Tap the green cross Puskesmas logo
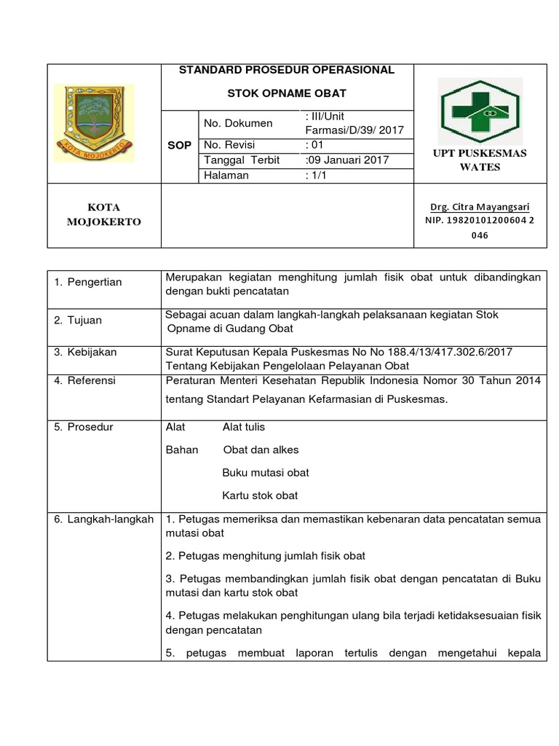click(478, 111)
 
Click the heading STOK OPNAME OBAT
click(287, 93)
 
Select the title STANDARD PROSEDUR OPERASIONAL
click(287, 70)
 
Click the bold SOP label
click(179, 145)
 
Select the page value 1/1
click(317, 176)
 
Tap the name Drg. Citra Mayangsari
click(479, 207)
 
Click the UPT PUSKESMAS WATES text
click(480, 160)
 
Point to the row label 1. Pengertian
click(88, 282)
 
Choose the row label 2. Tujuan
click(78, 320)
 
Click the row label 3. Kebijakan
click(85, 352)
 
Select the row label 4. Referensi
click(84, 380)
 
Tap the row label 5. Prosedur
click(83, 427)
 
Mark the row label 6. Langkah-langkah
click(104, 519)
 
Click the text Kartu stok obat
click(260, 495)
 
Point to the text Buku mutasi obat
click(265, 473)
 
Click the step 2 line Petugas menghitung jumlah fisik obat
click(266, 556)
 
